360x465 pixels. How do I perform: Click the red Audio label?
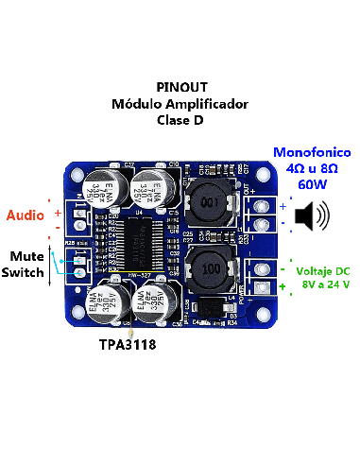[x=25, y=215]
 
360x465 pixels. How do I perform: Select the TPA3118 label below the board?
[x=128, y=346]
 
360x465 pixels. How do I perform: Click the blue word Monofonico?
[x=312, y=152]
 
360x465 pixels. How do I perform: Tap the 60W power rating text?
[x=313, y=185]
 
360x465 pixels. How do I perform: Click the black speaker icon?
[x=313, y=218]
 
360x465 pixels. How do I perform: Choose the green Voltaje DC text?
[x=322, y=267]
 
